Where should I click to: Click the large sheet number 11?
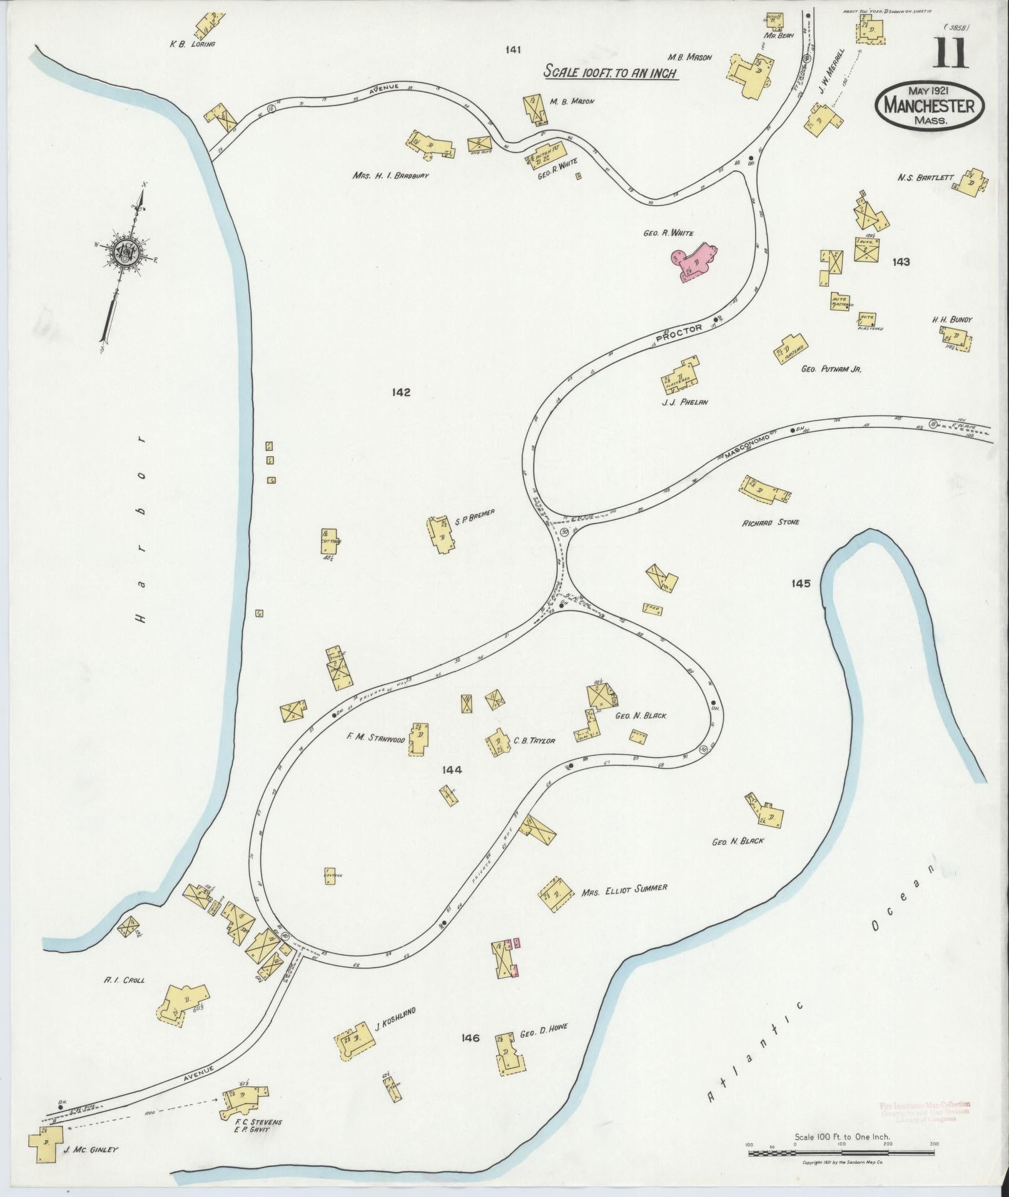(x=951, y=53)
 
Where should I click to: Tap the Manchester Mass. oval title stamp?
(x=930, y=106)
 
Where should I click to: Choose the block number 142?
(x=401, y=392)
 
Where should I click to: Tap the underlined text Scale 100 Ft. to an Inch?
(x=611, y=72)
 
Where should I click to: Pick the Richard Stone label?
(x=771, y=522)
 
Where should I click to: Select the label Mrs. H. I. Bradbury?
(x=390, y=176)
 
